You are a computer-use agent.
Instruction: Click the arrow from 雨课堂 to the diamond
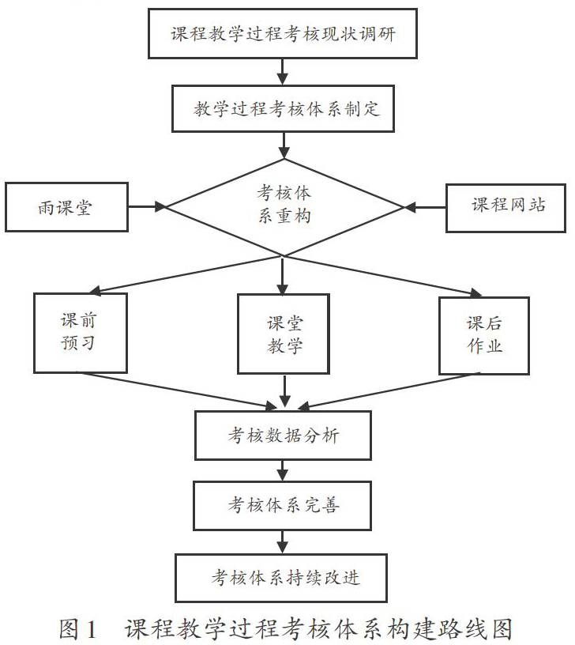pyautogui.click(x=147, y=206)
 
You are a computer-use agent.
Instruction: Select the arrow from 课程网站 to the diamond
pyautogui.click(x=425, y=207)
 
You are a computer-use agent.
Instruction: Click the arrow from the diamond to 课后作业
pyautogui.click(x=383, y=276)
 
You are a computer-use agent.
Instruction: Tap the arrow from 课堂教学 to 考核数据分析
pyautogui.click(x=284, y=391)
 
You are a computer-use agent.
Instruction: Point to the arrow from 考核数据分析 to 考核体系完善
pyautogui.click(x=282, y=470)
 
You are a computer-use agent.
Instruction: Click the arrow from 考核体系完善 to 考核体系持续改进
pyautogui.click(x=282, y=542)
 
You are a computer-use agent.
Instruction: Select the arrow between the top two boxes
pyautogui.click(x=282, y=72)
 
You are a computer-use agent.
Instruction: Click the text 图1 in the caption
pyautogui.click(x=77, y=629)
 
